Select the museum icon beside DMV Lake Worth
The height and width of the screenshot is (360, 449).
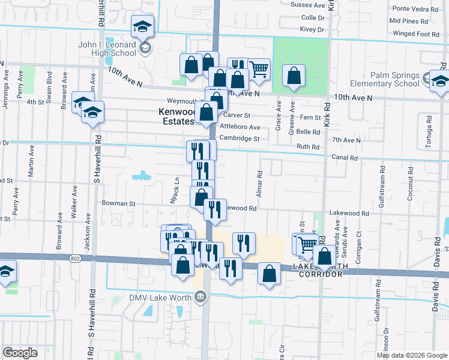coord(200,296)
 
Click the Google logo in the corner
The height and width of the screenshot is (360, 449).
coord(20,353)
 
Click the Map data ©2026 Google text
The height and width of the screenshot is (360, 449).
coord(412,355)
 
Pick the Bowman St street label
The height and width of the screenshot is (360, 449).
coord(118,204)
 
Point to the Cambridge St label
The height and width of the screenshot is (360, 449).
coord(239,139)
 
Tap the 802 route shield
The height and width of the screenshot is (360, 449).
coord(74,259)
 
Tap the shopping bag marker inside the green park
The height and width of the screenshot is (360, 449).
coord(294,76)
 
